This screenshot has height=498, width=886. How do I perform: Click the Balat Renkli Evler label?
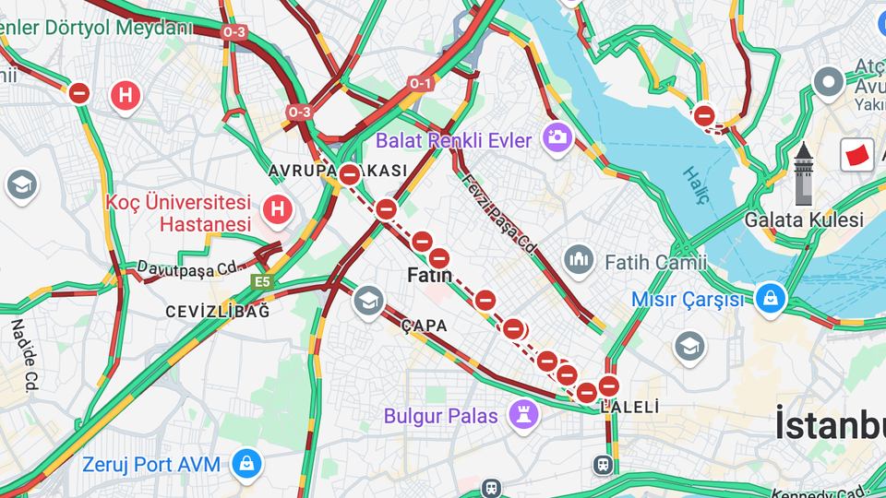pyautogui.click(x=454, y=141)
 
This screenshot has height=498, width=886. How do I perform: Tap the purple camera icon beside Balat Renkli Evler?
pyautogui.click(x=557, y=137)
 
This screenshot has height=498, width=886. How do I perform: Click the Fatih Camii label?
pyautogui.click(x=656, y=263)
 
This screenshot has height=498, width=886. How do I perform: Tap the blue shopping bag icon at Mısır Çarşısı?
pyautogui.click(x=770, y=298)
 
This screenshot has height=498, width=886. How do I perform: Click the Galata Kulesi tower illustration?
pyautogui.click(x=804, y=174)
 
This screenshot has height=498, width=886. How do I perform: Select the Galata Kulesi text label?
pyautogui.click(x=804, y=219)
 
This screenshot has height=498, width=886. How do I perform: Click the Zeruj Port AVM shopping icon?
pyautogui.click(x=246, y=465)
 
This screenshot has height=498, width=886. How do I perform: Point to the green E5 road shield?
pyautogui.click(x=262, y=281)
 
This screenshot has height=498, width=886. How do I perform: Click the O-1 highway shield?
pyautogui.click(x=420, y=84)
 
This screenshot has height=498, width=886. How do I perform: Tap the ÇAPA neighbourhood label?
pyautogui.click(x=425, y=326)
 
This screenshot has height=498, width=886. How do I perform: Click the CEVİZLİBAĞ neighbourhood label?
pyautogui.click(x=218, y=312)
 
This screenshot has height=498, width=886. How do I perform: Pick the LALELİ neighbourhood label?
pyautogui.click(x=630, y=407)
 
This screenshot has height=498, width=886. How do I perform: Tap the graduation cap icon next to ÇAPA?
pyautogui.click(x=369, y=300)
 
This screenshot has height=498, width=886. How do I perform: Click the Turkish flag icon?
pyautogui.click(x=857, y=155)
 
